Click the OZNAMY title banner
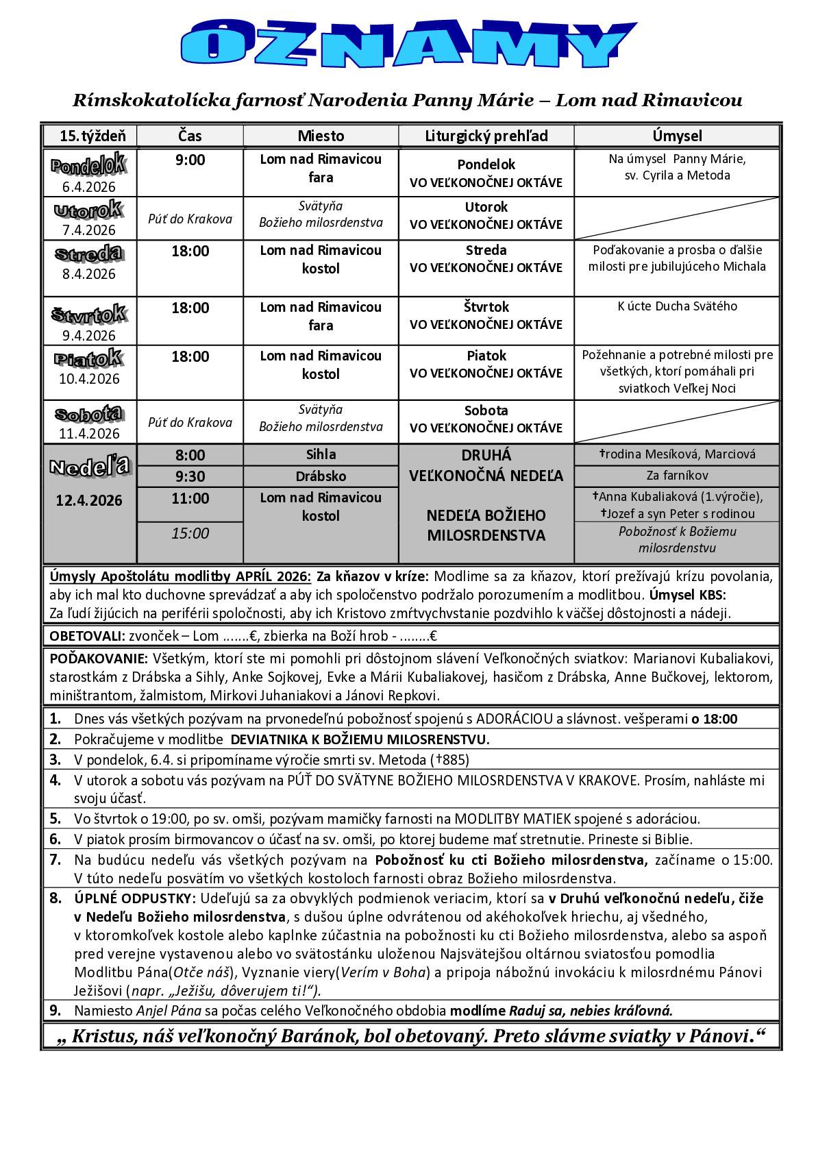pyautogui.click(x=404, y=45)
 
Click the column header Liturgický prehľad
pyautogui.click(x=486, y=136)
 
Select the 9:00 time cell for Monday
pyautogui.click(x=190, y=160)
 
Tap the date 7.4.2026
pyautogui.click(x=88, y=230)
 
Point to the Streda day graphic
pyautogui.click(x=89, y=254)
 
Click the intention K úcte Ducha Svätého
pyautogui.click(x=677, y=306)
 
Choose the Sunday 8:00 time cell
pyautogui.click(x=190, y=455)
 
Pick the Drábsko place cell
pyautogui.click(x=321, y=476)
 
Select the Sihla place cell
pyautogui.click(x=321, y=454)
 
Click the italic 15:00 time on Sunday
pyautogui.click(x=190, y=533)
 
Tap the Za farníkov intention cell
pyautogui.click(x=677, y=476)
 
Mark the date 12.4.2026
pyautogui.click(x=89, y=500)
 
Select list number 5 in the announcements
pyautogui.click(x=55, y=818)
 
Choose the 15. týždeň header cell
pyautogui.click(x=88, y=136)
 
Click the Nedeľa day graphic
pyautogui.click(x=89, y=467)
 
